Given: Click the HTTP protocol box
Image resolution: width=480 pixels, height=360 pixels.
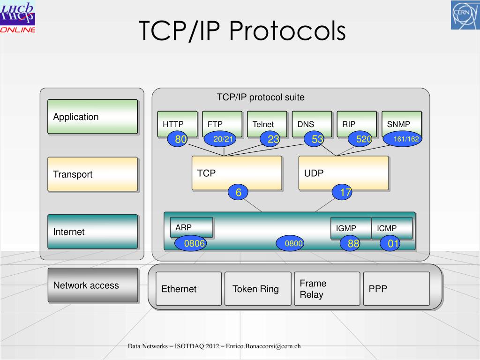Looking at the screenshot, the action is pos(177,121).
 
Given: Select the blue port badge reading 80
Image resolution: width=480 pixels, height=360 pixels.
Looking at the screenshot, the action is pos(177,139).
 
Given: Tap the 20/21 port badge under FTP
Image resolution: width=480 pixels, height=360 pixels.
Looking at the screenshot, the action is pos(220,139).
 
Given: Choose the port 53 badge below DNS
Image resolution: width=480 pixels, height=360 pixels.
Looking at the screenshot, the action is pos(314,139).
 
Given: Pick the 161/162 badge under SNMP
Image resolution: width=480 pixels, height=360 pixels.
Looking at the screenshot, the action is pos(403,139).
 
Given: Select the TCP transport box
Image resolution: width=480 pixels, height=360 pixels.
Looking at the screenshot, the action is pos(237,173).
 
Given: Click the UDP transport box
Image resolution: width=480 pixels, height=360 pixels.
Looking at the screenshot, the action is pos(344,173).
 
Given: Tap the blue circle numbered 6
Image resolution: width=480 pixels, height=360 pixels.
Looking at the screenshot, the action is pos(238,192).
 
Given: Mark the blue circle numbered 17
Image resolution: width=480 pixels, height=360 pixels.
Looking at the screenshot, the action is pos(342,192).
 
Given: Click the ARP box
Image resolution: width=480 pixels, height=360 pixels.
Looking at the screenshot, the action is pos(191,227).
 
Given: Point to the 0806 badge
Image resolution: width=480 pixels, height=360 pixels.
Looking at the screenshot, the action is pos(190,243).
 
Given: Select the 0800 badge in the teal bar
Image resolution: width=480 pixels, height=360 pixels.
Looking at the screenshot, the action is pos(290,243).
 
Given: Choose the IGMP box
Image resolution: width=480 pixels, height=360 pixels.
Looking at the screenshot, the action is pos(351,228).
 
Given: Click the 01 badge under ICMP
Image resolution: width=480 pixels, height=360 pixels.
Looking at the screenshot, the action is pos(390,243).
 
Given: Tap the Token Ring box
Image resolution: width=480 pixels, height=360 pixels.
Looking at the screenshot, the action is pos(258,289).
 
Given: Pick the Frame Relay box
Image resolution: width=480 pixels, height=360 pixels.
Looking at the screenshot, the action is pos(327,289).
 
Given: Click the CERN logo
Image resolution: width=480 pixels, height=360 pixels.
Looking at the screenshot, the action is pos(465,15).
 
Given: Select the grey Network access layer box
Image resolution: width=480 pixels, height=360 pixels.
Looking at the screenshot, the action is pos(93,285).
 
